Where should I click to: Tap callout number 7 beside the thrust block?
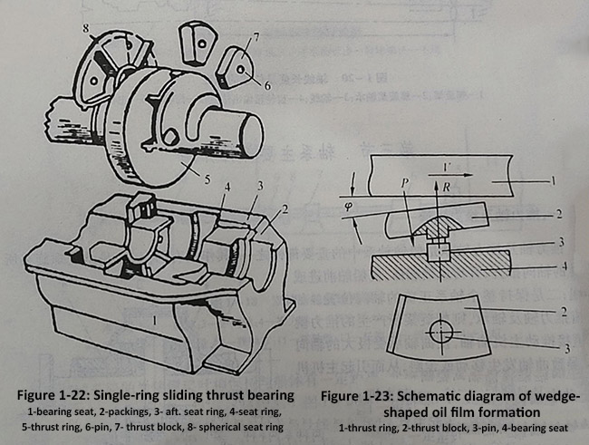click(x=256, y=39)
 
